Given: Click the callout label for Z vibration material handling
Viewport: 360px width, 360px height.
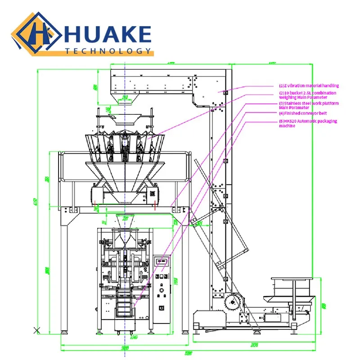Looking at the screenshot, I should click(309, 85).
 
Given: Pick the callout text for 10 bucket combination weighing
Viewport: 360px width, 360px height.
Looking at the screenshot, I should click(307, 94).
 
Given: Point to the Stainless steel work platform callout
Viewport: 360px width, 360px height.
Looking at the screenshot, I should click(309, 105).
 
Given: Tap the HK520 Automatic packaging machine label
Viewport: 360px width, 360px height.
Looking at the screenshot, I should click(308, 123).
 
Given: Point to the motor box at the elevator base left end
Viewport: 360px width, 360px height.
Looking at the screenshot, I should click(205, 319).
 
